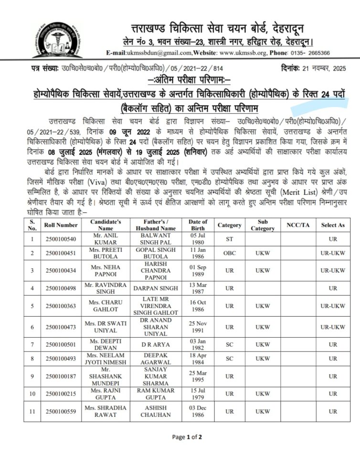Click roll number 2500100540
point(61,238)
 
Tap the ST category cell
point(229,238)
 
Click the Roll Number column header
point(61,224)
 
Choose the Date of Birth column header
point(198,224)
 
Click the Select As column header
point(333,224)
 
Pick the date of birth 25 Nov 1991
point(198,327)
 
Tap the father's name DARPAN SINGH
point(154,288)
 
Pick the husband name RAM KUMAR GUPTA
point(154,394)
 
